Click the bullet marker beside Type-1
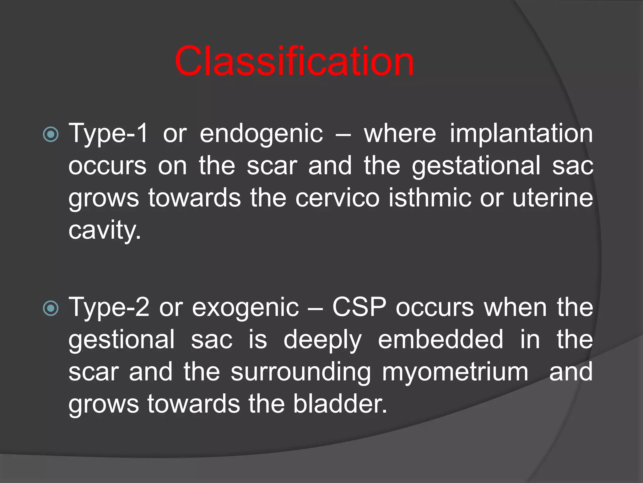[x=51, y=135]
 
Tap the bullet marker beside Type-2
[x=51, y=308]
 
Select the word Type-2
[x=109, y=308]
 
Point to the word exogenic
[x=245, y=308]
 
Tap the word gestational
[x=476, y=166]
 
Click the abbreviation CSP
[x=359, y=308]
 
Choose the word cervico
[x=337, y=198]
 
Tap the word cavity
[x=105, y=231]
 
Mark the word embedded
[x=440, y=340]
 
